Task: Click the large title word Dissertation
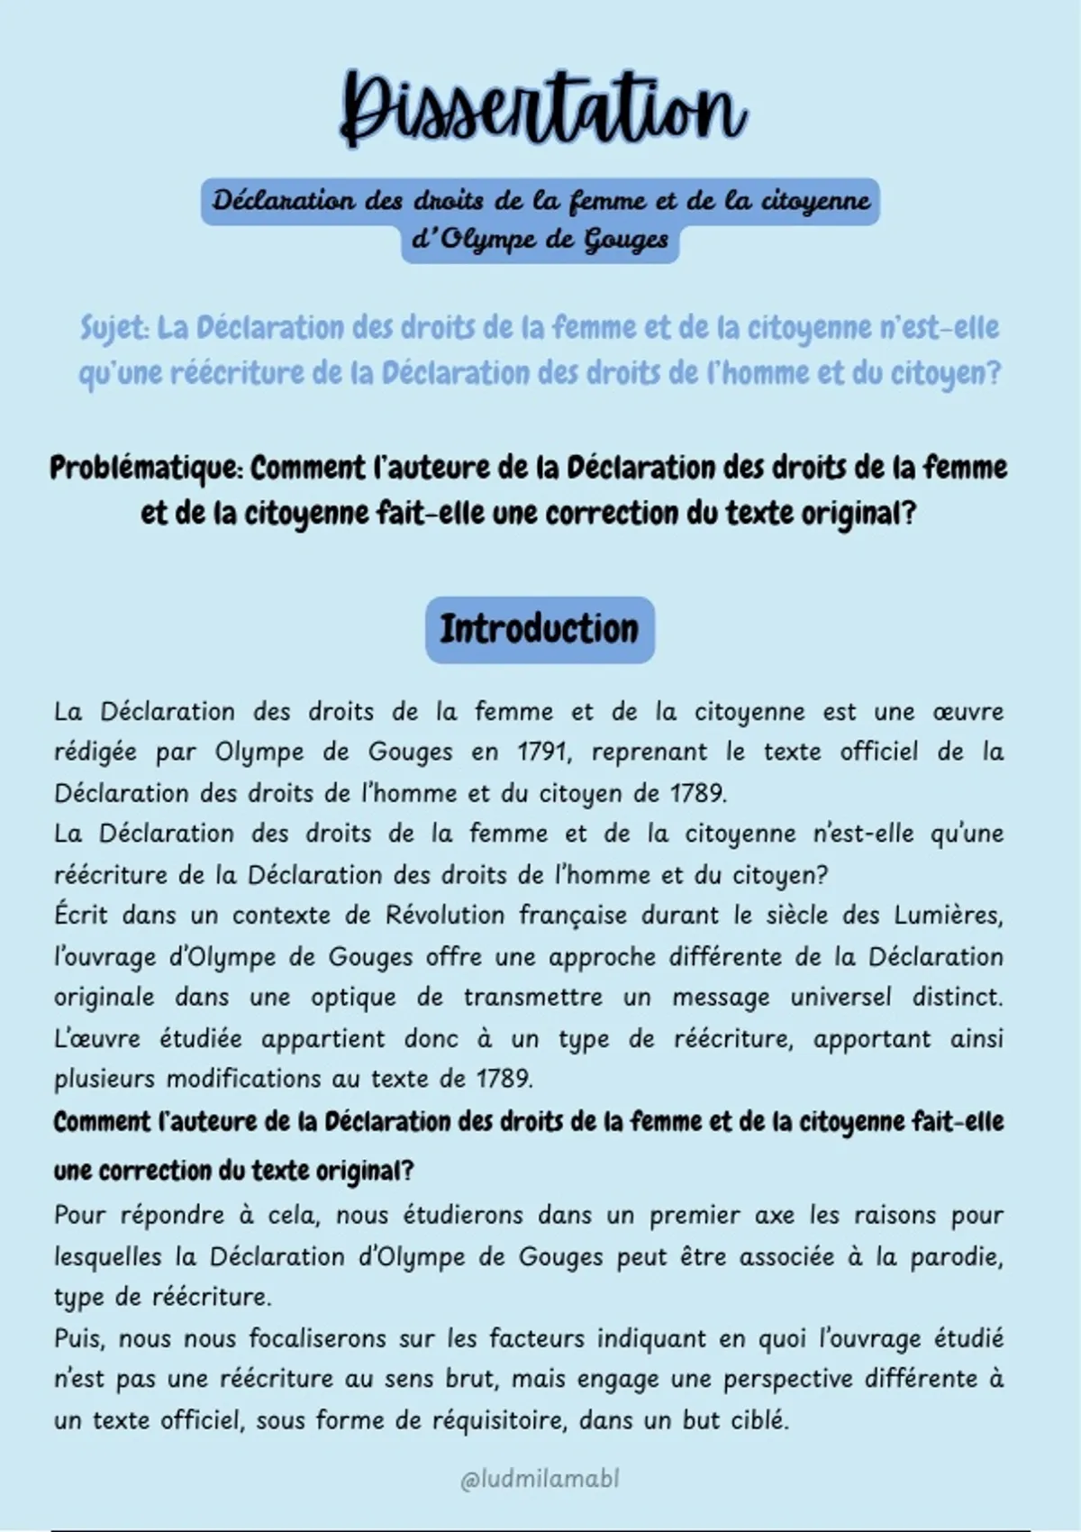pyautogui.click(x=542, y=108)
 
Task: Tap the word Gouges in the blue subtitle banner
pyautogui.click(x=626, y=241)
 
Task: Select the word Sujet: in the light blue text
pyautogui.click(x=114, y=328)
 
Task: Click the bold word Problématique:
pyautogui.click(x=146, y=469)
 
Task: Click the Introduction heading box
pyautogui.click(x=540, y=629)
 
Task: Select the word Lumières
pyautogui.click(x=948, y=916)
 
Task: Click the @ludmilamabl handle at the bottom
pyautogui.click(x=540, y=1480)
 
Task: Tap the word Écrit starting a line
pyautogui.click(x=79, y=916)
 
